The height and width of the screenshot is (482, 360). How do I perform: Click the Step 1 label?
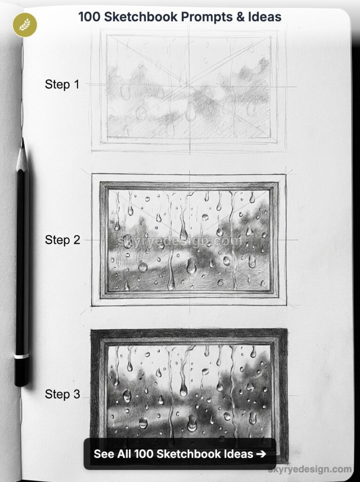coord(62,85)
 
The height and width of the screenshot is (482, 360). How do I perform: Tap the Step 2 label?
coord(62,240)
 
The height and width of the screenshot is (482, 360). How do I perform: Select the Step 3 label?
coord(62,394)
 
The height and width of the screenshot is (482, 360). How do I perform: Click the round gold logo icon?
coord(24,24)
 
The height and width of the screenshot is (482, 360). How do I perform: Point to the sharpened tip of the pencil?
coord(22,140)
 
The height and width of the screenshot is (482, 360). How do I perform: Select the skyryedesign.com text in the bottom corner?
coord(310,469)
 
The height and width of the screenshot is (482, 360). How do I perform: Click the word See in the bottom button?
coord(104,454)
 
